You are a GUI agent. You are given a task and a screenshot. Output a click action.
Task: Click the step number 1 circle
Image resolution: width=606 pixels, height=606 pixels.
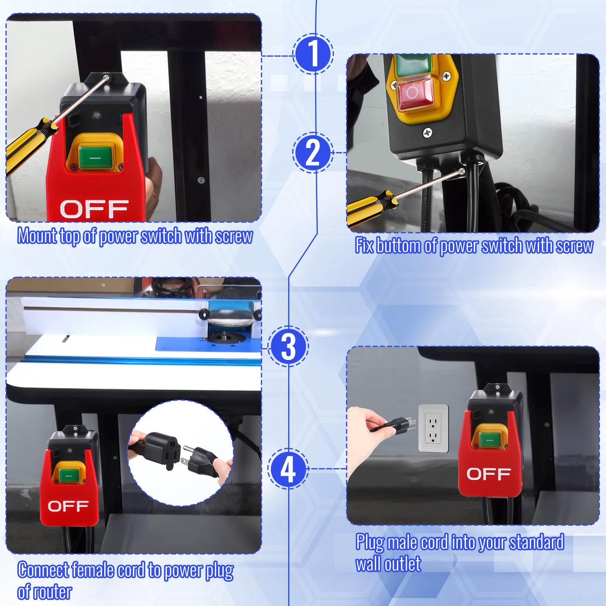click(313, 54)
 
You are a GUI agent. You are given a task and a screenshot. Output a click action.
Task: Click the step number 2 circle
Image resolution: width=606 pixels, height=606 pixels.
click(313, 153)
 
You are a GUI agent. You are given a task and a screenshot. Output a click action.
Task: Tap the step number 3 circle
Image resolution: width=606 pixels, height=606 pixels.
click(288, 346)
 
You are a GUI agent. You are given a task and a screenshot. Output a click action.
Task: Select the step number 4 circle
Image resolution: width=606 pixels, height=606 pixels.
click(288, 469)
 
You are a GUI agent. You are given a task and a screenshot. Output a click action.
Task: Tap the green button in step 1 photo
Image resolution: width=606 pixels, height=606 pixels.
click(95, 158)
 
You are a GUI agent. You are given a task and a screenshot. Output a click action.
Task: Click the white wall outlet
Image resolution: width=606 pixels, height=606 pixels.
click(433, 428)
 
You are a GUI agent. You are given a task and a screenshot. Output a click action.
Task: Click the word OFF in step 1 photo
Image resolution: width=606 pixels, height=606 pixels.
click(94, 209)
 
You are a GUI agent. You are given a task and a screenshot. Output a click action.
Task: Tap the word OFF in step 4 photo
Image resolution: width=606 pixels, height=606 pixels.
click(488, 474)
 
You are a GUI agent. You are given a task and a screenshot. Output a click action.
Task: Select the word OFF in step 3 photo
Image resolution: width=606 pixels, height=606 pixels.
click(68, 506)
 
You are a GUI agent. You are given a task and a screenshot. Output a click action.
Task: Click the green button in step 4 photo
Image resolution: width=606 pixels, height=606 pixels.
click(490, 439)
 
